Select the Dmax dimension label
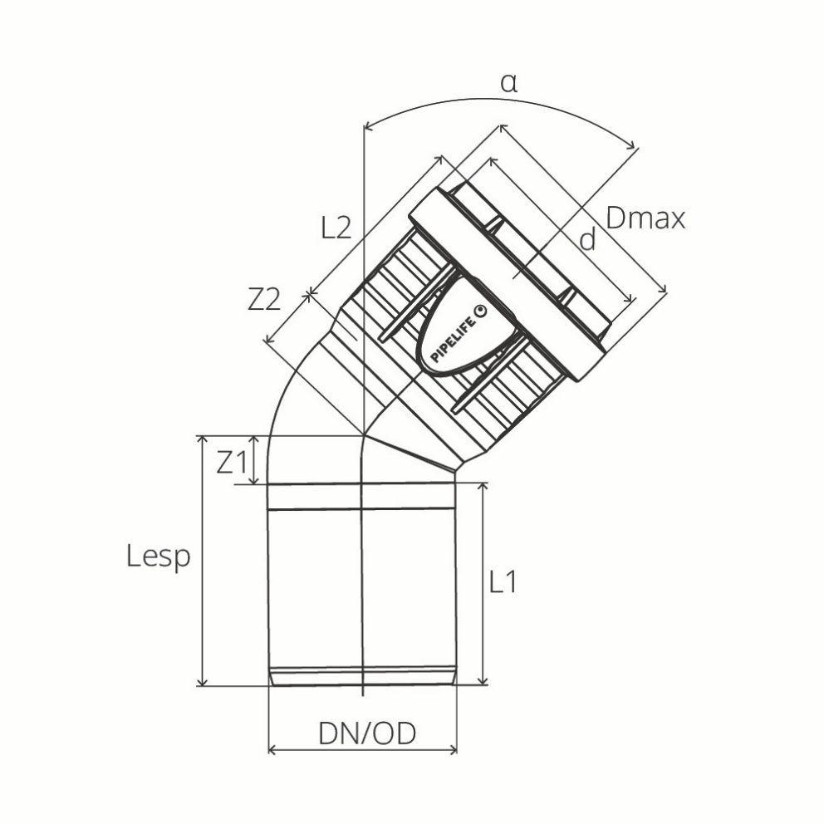coord(645,218)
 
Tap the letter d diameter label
coord(587,240)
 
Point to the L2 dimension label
coord(336,228)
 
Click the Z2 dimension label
coord(264,301)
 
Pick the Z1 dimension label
coord(232,462)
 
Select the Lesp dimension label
coord(159,557)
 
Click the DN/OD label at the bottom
coord(366,733)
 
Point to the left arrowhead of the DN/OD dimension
coord(272,750)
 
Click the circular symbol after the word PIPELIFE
coord(479,308)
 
